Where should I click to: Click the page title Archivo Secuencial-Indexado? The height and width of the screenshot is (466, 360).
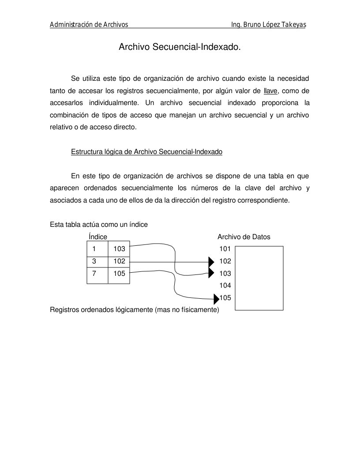(x=180, y=47)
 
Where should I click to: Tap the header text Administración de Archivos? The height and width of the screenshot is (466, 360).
(x=89, y=25)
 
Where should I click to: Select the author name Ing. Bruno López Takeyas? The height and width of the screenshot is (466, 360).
(x=268, y=25)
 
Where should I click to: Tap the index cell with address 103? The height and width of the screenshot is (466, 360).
(x=119, y=249)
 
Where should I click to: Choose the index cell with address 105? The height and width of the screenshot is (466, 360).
(x=119, y=274)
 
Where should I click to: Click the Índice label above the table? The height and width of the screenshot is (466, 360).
(x=98, y=237)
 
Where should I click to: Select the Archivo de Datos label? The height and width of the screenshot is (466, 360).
(x=244, y=237)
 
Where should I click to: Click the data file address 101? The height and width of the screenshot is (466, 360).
(x=225, y=249)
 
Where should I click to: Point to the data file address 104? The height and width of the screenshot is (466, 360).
(x=225, y=286)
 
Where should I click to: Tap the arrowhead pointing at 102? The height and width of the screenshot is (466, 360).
(x=211, y=262)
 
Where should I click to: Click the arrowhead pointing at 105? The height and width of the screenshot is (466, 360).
(x=216, y=299)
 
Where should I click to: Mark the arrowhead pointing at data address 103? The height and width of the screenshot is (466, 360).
(x=211, y=273)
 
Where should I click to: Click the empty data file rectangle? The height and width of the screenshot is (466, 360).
(x=259, y=278)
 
